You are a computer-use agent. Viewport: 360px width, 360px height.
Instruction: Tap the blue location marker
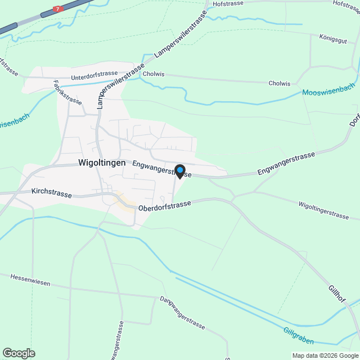(x=180, y=170)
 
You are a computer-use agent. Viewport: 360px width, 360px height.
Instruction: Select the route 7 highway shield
(x=57, y=9)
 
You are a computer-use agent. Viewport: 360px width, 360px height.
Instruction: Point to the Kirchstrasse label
(x=52, y=193)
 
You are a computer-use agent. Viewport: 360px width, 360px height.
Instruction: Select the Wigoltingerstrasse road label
(x=324, y=210)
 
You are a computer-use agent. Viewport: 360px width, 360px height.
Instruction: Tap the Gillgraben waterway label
(x=299, y=335)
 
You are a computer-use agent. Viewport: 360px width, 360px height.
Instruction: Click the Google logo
(x=18, y=353)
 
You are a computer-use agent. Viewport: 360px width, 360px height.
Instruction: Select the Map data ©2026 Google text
(x=325, y=355)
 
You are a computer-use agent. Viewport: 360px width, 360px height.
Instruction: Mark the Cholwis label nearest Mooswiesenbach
(x=280, y=84)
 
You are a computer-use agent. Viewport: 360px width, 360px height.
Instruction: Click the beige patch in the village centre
(x=125, y=201)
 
